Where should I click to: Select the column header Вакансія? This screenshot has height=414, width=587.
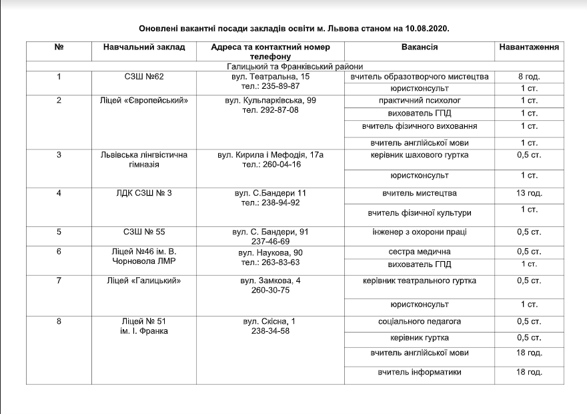[x=420, y=47]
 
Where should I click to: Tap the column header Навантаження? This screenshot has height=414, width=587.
[x=529, y=47]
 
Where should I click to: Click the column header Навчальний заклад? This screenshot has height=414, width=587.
[x=144, y=47]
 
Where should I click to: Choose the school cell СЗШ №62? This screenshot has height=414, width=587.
[x=144, y=77]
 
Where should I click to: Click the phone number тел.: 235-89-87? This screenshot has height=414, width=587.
[x=270, y=86]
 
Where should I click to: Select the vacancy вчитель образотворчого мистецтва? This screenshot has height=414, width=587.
[x=420, y=77]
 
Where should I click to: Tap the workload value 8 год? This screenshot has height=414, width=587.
[x=529, y=77]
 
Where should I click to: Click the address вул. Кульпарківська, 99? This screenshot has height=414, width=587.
[x=270, y=100]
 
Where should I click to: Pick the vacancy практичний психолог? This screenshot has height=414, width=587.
[x=420, y=100]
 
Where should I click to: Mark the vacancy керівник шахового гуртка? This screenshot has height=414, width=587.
[x=420, y=155]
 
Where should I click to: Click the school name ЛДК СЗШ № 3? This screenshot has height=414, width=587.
[x=144, y=193]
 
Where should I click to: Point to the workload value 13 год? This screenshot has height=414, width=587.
[x=529, y=193]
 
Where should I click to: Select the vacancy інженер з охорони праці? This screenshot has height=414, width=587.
[x=420, y=232]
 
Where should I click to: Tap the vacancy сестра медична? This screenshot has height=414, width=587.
[x=420, y=252]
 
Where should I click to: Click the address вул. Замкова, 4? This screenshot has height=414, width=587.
[x=270, y=280]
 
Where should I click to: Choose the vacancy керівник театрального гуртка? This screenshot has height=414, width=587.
[x=420, y=280]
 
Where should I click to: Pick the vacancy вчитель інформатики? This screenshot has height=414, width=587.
[x=420, y=372]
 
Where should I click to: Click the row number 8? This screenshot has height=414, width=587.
[x=59, y=321]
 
